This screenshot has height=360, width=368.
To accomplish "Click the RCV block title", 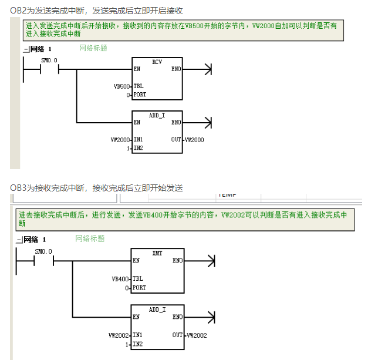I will coord(157,62).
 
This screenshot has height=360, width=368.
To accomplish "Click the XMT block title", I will coord(157,253).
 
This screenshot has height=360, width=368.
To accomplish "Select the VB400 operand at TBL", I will coord(121,278).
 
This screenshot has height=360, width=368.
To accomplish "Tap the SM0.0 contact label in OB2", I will coord(49,60).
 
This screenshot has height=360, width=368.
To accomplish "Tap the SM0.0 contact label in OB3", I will coord(43,251).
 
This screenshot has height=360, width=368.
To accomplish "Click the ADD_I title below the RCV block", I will coord(157,115).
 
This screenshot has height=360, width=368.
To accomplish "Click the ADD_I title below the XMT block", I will coord(157,309).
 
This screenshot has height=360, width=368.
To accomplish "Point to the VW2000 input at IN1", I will coord(120,140).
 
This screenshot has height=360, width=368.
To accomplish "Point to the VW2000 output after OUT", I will coord(195,140).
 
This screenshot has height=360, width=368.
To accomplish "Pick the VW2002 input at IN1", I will coord(119,335).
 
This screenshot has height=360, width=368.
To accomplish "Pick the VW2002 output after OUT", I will coord(196,335).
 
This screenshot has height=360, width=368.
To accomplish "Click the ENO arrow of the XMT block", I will coord(209,260).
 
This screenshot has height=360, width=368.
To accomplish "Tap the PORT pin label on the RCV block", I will coord(140,95).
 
